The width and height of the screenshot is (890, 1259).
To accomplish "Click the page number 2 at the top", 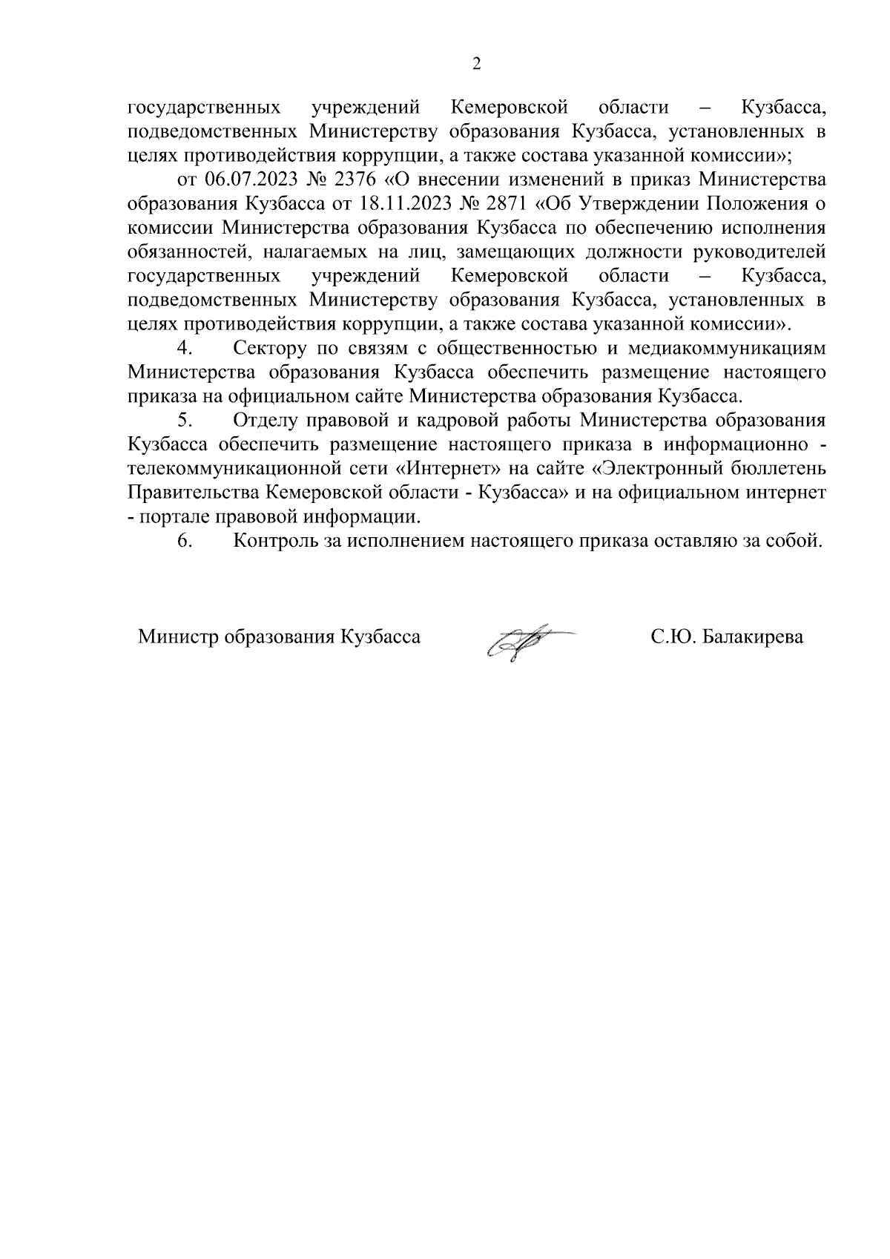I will [476, 64].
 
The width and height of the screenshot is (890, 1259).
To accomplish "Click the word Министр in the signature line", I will [179, 637].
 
